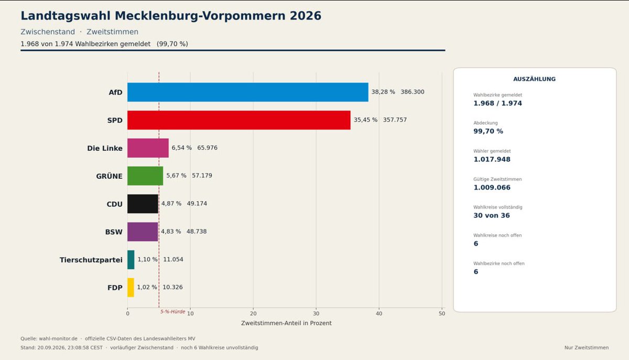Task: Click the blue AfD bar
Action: point(247,92)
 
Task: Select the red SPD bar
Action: point(239,120)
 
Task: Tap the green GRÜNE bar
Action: point(145,176)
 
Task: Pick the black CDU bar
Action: point(143,204)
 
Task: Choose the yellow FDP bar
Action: point(131,288)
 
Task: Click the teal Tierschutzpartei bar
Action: point(131,260)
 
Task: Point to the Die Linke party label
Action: point(105,148)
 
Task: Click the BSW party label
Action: point(114,232)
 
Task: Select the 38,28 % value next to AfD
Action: point(383,92)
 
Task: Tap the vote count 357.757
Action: point(395,120)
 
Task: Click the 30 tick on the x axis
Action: point(316,313)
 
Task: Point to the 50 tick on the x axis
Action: point(442,313)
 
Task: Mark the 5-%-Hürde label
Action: point(172,312)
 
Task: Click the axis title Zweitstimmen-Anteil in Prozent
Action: point(286,323)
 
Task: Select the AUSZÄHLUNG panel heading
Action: point(534,79)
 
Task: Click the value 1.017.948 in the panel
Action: point(492,159)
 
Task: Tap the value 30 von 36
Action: point(492,215)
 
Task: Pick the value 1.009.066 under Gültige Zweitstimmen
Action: point(492,187)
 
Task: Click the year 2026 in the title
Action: point(306,16)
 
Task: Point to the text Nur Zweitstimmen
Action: point(587,347)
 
